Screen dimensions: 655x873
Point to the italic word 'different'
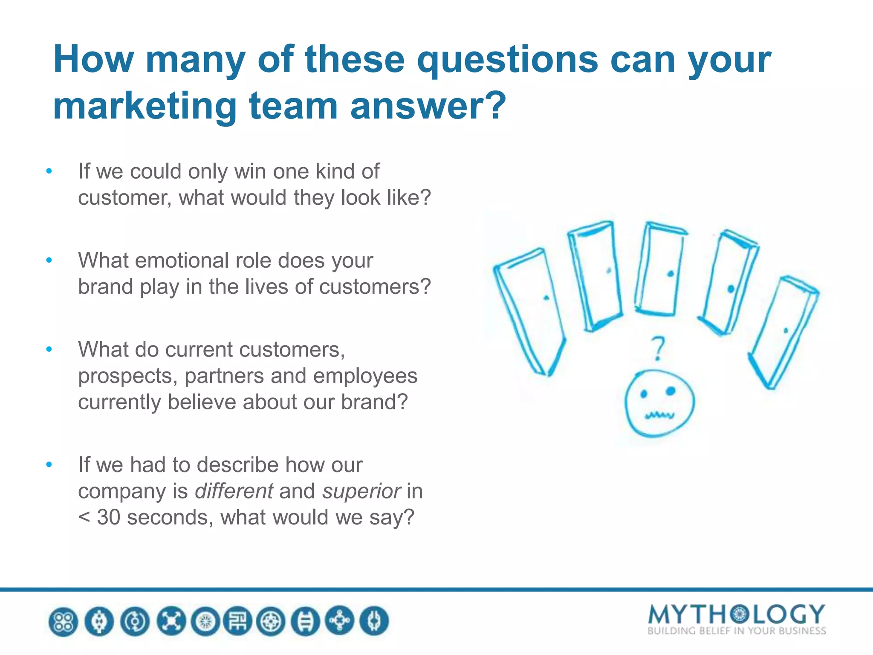point(234,491)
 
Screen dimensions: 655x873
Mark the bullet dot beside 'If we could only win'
point(49,171)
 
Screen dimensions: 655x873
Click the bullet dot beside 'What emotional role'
point(49,260)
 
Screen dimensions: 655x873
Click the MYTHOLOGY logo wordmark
point(736,614)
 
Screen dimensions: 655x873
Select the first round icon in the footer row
point(64,621)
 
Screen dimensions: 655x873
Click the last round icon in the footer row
point(374,621)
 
